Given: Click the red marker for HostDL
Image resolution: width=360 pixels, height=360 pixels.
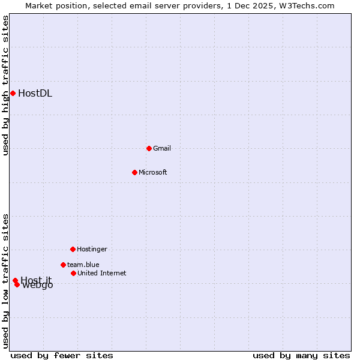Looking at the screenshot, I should (13, 93).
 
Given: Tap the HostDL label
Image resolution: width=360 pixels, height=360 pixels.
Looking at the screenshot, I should (35, 93).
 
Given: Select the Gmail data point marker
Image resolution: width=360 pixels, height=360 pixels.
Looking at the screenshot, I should (149, 148).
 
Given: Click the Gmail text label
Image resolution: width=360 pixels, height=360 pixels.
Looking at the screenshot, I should (162, 148).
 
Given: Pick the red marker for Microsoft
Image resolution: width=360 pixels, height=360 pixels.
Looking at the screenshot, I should (134, 172).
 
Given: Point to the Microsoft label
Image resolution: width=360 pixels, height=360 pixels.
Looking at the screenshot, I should (153, 172).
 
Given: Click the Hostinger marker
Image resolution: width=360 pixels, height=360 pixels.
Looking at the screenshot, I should (73, 249).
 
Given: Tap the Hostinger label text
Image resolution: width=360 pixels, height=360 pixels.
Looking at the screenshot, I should (92, 249).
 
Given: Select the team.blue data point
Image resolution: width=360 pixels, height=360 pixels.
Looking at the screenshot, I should (63, 265).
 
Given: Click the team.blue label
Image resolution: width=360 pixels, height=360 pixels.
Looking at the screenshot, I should (83, 265).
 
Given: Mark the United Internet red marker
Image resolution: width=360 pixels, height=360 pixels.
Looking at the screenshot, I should (73, 273).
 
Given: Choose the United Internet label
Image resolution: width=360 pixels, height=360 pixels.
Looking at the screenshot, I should (102, 273).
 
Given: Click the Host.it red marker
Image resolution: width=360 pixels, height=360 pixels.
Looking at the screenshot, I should (15, 280).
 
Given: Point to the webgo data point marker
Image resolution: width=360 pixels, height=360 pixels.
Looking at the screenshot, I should (17, 284).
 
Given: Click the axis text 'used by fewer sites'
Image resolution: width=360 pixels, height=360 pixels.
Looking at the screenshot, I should (62, 355).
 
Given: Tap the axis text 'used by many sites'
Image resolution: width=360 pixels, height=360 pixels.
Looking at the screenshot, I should (301, 355).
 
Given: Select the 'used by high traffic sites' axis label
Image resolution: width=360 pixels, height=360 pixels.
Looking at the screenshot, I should (5, 85).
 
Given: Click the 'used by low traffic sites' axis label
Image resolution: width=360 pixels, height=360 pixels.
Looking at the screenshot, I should (5, 280).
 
